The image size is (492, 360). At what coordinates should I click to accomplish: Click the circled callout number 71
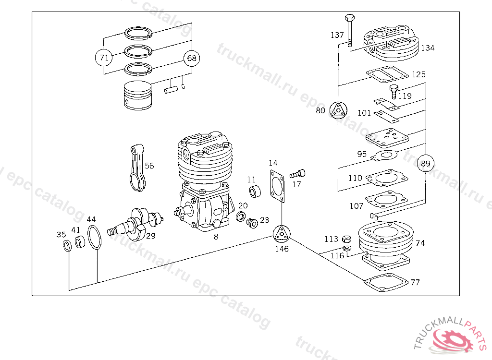(x=103, y=58)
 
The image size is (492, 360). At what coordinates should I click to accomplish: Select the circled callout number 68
(x=192, y=58)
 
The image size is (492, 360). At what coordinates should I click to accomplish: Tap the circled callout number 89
(x=426, y=164)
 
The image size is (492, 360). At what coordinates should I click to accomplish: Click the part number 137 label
(x=337, y=35)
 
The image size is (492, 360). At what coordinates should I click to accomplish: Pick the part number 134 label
(x=427, y=48)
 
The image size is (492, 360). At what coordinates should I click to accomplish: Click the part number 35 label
(x=61, y=235)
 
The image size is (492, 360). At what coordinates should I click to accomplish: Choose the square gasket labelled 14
(x=277, y=187)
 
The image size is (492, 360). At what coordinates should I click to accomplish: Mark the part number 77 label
(x=415, y=282)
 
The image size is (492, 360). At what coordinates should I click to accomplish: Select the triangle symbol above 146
(x=282, y=234)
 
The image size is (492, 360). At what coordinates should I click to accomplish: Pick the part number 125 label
(x=418, y=75)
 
